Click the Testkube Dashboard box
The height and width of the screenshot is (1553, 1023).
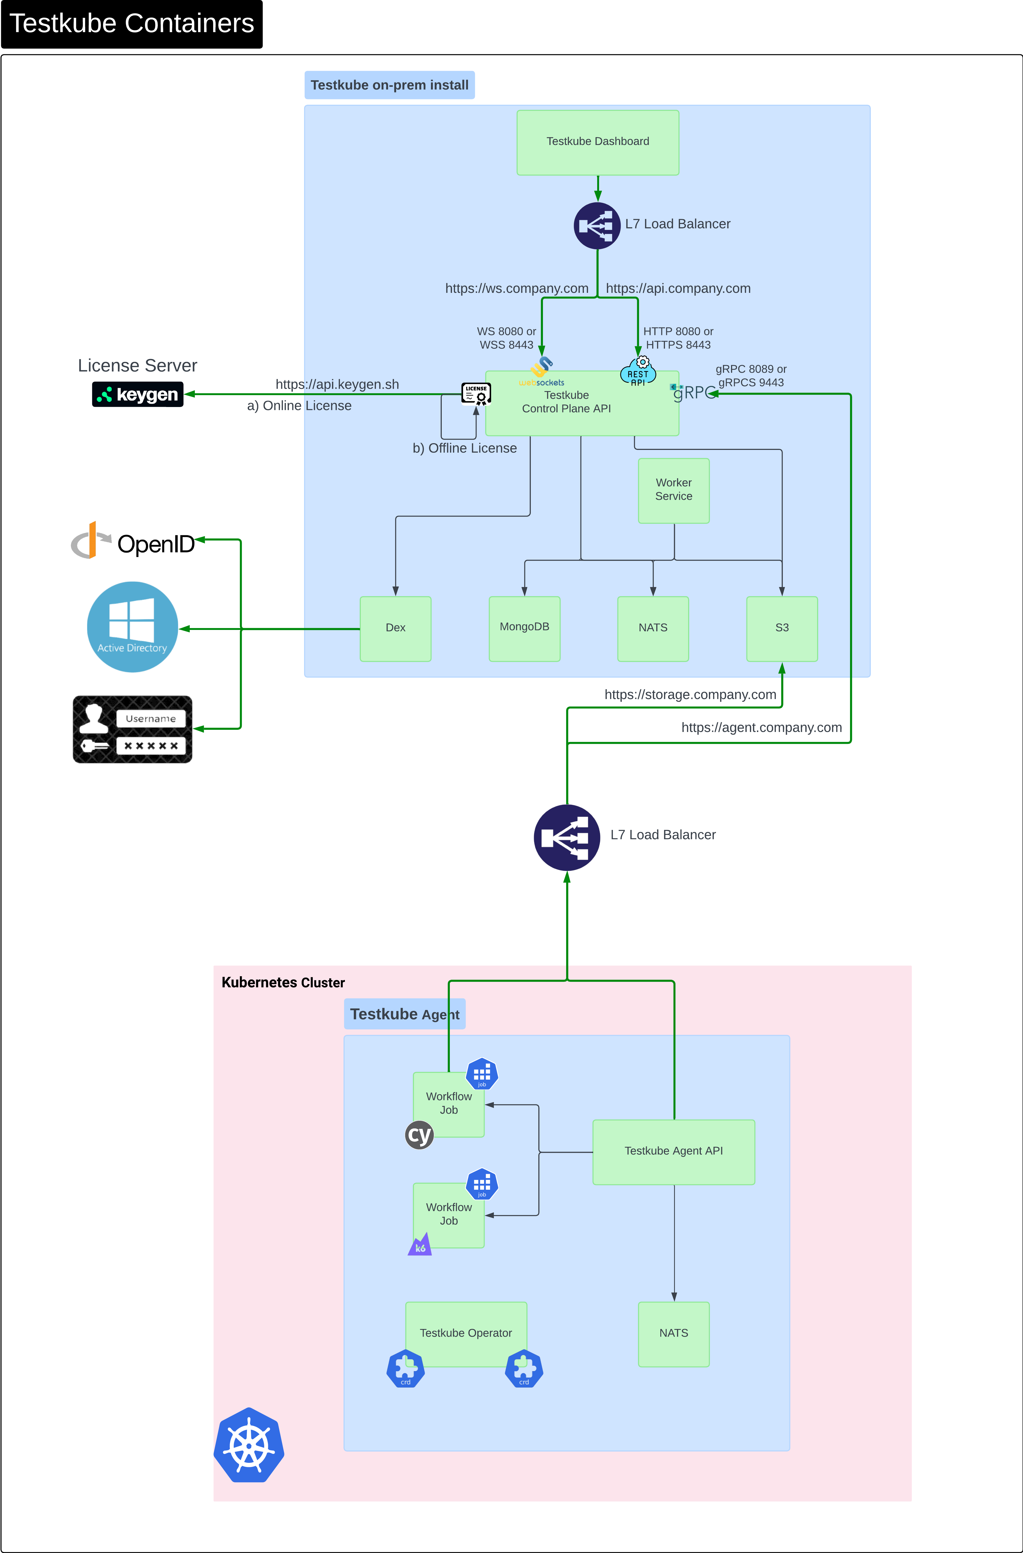click(x=598, y=142)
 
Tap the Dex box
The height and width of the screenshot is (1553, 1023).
click(x=395, y=628)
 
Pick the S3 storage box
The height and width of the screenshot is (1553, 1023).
click(x=781, y=628)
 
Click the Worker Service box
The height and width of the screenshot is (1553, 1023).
click(x=673, y=490)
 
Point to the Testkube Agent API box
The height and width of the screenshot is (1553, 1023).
click(x=673, y=1152)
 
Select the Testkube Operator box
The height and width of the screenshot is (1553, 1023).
click(x=466, y=1333)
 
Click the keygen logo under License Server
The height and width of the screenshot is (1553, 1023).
click(x=138, y=394)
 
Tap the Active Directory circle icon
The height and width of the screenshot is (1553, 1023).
click(x=132, y=626)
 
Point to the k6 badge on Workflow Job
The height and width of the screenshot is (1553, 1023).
click(x=420, y=1245)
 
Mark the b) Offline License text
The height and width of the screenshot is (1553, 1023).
click(x=464, y=448)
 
